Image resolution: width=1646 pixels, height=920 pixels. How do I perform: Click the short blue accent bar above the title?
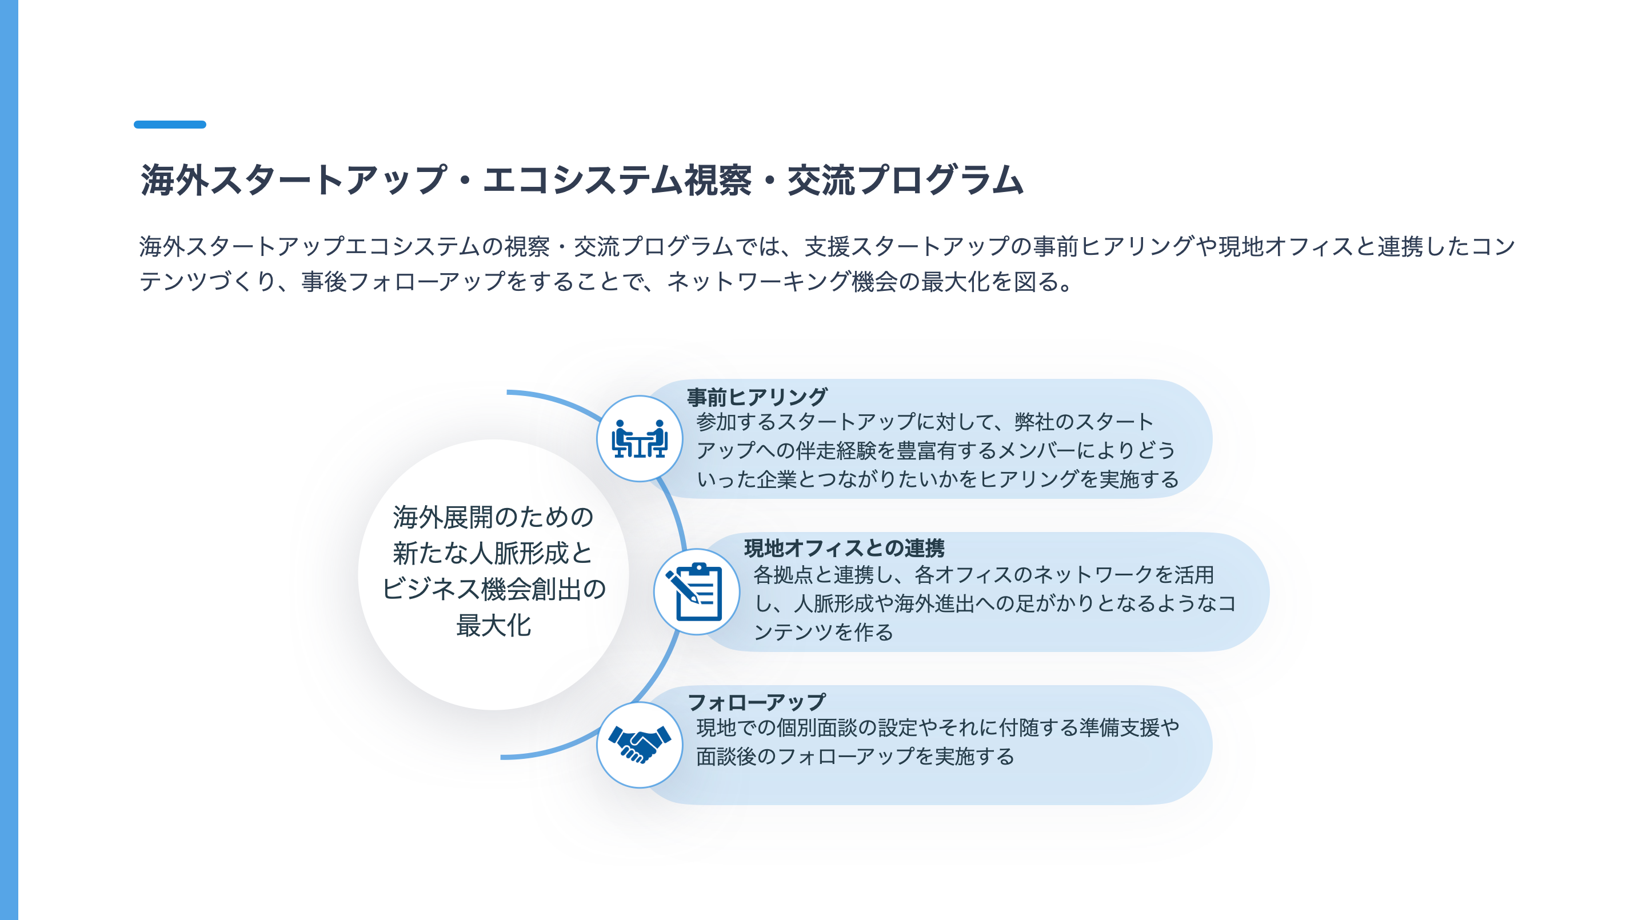[169, 125]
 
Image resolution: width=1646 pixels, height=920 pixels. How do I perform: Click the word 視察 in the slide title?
[718, 180]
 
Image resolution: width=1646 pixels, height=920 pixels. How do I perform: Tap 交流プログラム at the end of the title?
[905, 180]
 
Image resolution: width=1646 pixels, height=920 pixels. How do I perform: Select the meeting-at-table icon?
[639, 439]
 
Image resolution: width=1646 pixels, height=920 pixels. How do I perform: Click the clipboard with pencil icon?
[696, 591]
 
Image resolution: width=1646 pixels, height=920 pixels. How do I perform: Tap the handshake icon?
[639, 745]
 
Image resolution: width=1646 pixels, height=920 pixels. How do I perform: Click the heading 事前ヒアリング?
[757, 397]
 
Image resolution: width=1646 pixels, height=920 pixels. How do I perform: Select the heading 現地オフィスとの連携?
[844, 548]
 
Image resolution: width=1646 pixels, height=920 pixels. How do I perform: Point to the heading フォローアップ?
[757, 702]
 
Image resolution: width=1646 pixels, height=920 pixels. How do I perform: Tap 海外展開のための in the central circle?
[493, 517]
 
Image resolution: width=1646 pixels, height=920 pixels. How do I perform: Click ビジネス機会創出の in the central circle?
[493, 589]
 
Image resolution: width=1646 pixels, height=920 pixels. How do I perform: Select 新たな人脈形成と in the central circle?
[493, 553]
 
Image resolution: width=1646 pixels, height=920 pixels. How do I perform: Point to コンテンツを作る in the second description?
[823, 633]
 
